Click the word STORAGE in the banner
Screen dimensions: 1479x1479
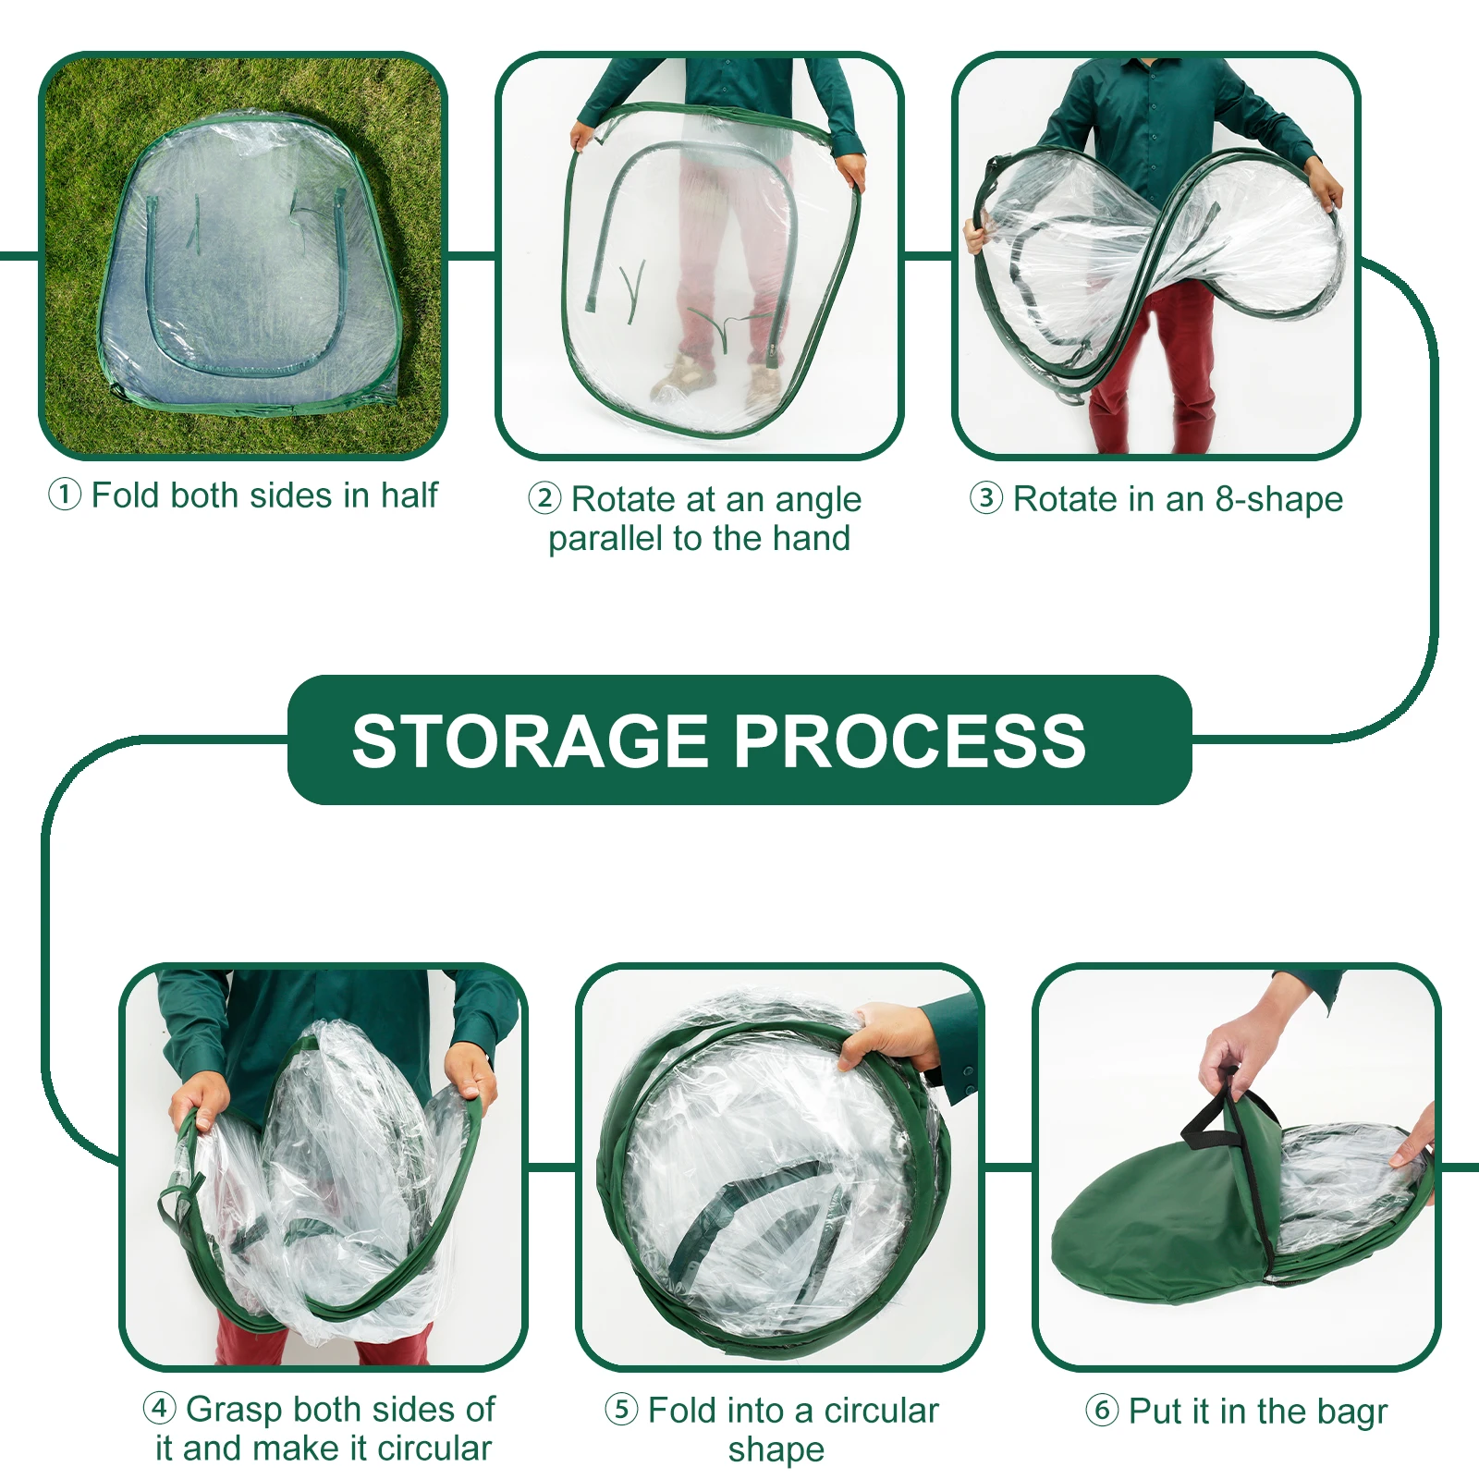(530, 741)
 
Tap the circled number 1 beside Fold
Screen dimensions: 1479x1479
(65, 495)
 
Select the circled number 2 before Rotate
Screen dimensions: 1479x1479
(544, 498)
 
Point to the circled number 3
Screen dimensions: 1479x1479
(986, 498)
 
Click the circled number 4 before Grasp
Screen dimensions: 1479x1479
(160, 1409)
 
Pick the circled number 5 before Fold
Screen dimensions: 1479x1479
(621, 1410)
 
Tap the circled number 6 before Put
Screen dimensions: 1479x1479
(1102, 1411)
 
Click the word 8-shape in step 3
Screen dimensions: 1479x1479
(1278, 499)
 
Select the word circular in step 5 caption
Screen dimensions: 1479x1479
(881, 1411)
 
